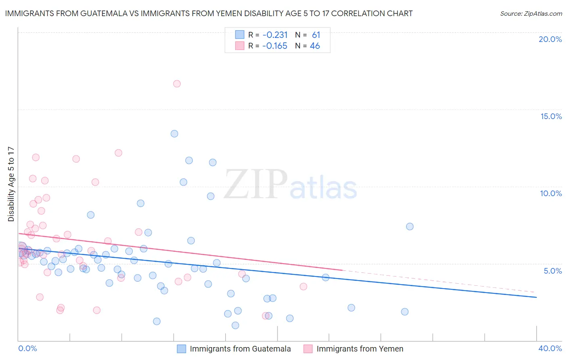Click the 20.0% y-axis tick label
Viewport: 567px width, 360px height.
click(550, 39)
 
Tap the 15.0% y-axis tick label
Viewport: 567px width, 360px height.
click(551, 116)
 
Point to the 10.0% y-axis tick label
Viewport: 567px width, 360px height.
click(551, 193)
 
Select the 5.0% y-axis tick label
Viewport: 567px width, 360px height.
click(552, 271)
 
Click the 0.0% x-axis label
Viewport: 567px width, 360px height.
click(28, 348)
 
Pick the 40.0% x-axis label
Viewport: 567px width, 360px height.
click(550, 348)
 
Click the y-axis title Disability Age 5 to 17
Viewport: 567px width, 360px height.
click(11, 184)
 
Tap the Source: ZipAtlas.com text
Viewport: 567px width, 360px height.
click(531, 14)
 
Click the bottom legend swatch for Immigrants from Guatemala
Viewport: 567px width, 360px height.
click(181, 349)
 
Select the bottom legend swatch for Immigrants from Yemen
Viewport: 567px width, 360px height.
click(308, 349)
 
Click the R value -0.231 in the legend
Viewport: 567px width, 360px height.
click(275, 35)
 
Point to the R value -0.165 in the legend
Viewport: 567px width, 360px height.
click(275, 46)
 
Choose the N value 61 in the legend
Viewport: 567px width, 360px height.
click(316, 35)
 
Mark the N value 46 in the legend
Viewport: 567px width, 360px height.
click(315, 46)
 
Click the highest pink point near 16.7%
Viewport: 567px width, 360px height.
click(177, 84)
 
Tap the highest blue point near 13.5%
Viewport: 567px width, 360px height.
click(174, 134)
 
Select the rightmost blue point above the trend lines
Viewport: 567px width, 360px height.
click(410, 226)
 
